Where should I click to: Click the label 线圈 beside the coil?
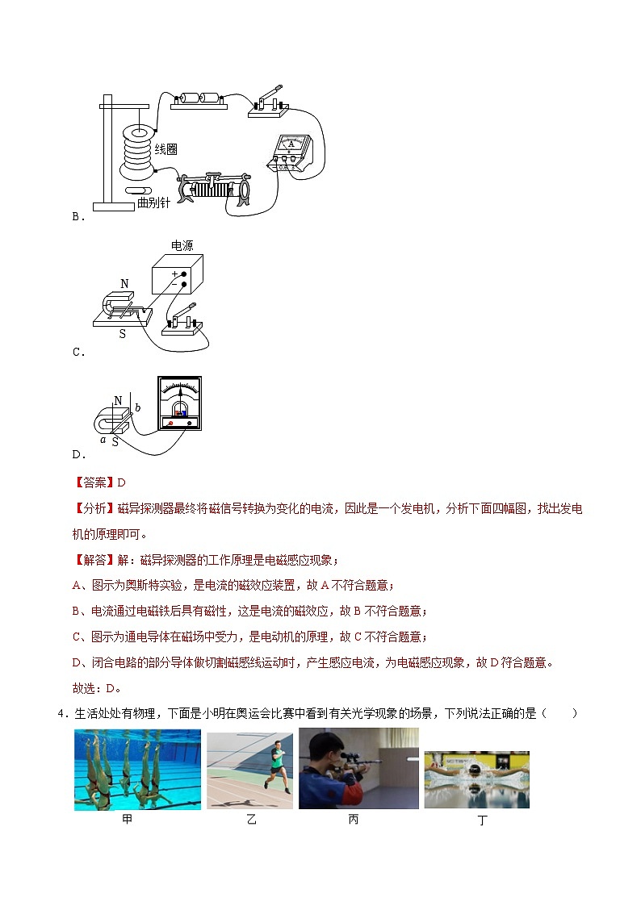[x=166, y=149]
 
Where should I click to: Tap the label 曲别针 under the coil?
[x=153, y=202]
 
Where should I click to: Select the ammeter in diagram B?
[x=291, y=151]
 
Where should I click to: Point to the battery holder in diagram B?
[x=199, y=98]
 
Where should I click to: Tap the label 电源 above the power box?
[x=182, y=245]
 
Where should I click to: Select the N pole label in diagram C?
[x=124, y=284]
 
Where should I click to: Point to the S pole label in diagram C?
[x=123, y=333]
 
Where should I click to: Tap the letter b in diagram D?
[x=137, y=408]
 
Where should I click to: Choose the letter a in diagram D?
[x=103, y=440]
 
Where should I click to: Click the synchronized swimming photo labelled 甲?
[x=137, y=770]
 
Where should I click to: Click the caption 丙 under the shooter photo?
[x=353, y=820]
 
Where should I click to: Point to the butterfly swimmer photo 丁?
[x=476, y=779]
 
